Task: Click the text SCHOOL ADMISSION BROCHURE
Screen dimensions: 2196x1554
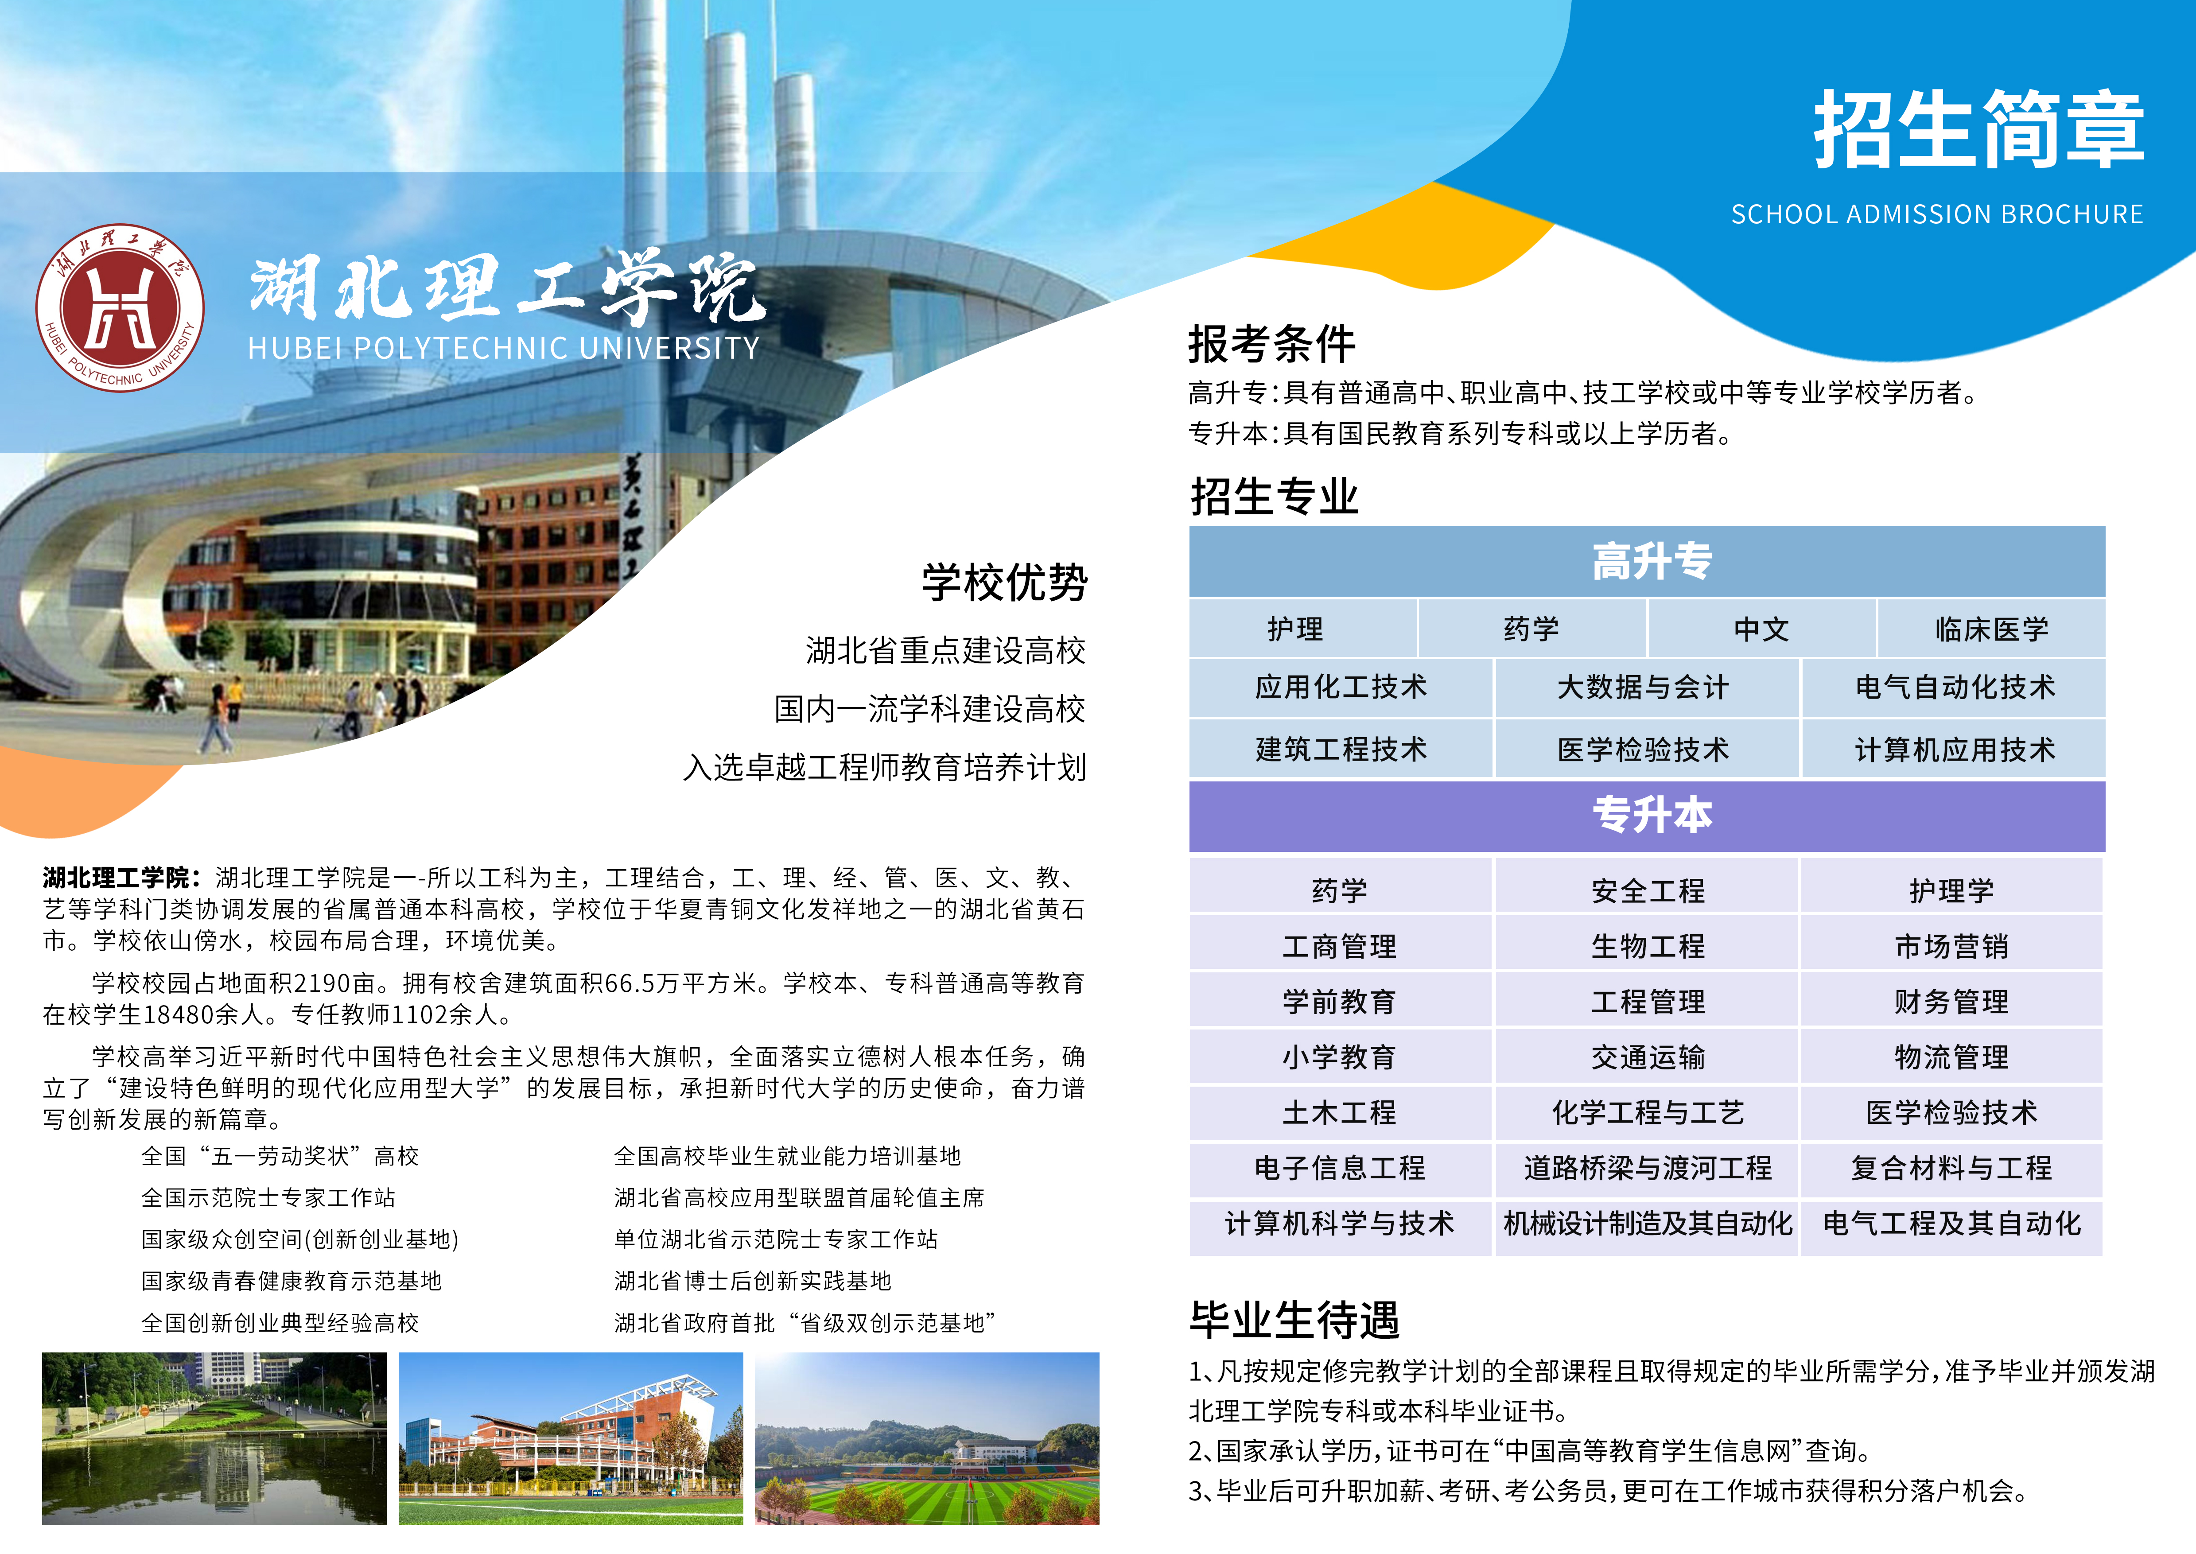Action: (1937, 214)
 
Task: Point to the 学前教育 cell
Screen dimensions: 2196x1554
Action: (1340, 1002)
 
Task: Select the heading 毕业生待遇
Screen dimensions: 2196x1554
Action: (1294, 1321)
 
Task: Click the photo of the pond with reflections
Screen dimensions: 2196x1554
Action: (214, 1438)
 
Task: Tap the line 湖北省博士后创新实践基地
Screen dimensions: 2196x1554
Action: (752, 1281)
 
